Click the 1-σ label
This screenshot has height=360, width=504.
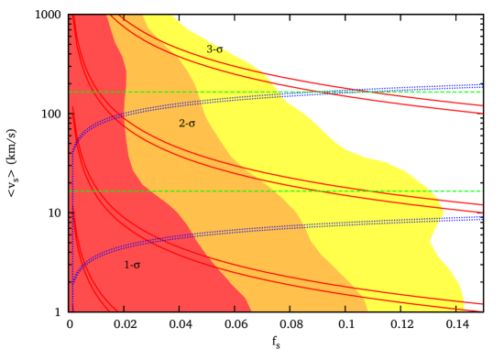point(132,266)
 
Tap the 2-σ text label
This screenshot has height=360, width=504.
point(187,124)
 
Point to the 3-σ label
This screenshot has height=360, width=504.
point(214,49)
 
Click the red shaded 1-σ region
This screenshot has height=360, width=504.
point(101,183)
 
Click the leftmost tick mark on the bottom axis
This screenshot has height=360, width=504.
point(71,309)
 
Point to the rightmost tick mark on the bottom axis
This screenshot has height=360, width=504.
point(455,309)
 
